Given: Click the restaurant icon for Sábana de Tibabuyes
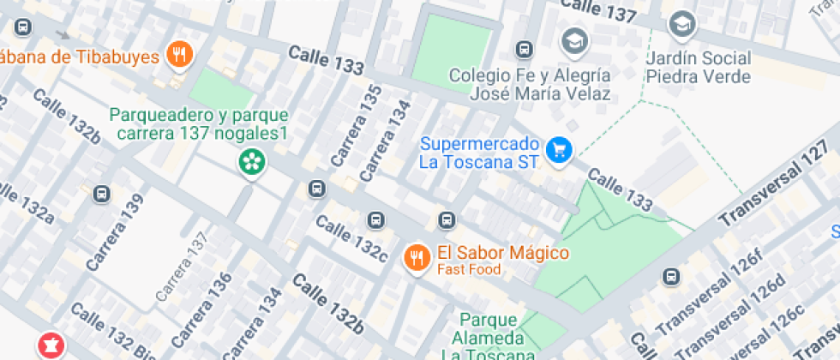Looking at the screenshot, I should pyautogui.click(x=179, y=56).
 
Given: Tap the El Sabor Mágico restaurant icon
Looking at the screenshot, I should pyautogui.click(x=417, y=257).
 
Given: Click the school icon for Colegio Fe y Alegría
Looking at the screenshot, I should pyautogui.click(x=573, y=40).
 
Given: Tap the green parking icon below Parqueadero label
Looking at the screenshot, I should pyautogui.click(x=251, y=161).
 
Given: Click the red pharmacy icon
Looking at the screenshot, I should pyautogui.click(x=49, y=345).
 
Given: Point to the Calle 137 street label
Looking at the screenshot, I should pyautogui.click(x=597, y=9).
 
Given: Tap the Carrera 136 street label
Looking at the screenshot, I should pyautogui.click(x=207, y=299).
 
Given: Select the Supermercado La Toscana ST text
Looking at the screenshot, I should pyautogui.click(x=480, y=152).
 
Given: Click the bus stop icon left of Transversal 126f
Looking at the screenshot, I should pyautogui.click(x=671, y=277).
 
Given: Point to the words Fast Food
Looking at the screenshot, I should pyautogui.click(x=469, y=269).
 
